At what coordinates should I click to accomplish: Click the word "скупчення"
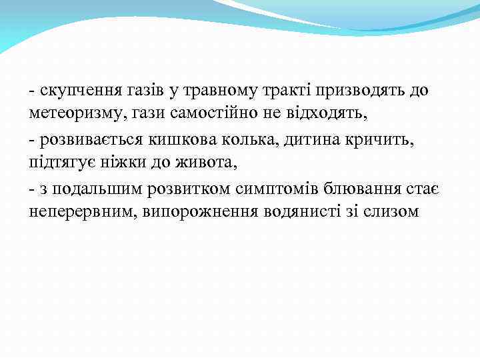[x=71, y=91]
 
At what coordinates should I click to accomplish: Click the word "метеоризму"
[x=70, y=113]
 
